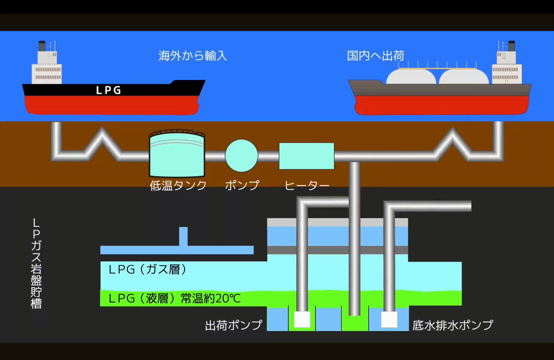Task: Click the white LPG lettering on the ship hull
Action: coord(108,90)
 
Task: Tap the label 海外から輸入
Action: coord(192,56)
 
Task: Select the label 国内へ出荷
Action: coord(376,56)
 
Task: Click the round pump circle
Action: coord(241,156)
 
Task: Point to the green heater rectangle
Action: coord(306,156)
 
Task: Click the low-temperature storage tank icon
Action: coord(177,154)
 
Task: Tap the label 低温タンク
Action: coord(178,185)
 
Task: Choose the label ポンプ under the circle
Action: coord(242,185)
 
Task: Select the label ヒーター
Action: coord(307,185)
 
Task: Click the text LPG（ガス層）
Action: coord(147,269)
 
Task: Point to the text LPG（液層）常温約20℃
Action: coord(174,298)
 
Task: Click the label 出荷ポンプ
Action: coord(234,325)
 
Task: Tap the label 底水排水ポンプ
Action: coord(452,325)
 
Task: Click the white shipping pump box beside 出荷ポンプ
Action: coord(302,319)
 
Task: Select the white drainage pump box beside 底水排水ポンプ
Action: coord(389,319)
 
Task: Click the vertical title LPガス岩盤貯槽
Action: coord(36,264)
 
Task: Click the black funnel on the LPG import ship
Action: coord(42,46)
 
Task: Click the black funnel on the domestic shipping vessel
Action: coord(511,46)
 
